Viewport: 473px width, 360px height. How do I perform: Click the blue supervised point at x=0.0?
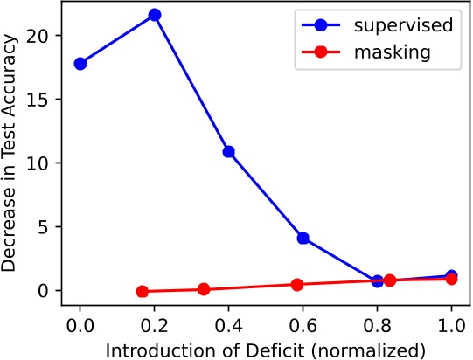coord(80,64)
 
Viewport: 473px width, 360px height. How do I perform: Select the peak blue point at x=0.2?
coord(155,15)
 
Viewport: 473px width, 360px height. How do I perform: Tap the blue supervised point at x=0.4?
coord(229,151)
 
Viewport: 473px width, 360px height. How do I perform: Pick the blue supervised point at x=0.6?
coord(303,238)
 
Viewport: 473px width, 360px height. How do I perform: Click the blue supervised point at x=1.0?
coord(451,276)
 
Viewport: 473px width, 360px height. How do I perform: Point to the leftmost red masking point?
coord(143,292)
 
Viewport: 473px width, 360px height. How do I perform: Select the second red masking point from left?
coord(204,289)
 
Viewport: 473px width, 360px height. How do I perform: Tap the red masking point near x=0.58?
coord(297,284)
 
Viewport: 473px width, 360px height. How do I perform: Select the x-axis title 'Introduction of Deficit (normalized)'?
coord(266,348)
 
